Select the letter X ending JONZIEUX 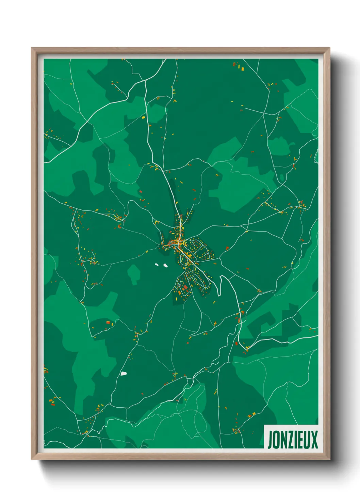coord(314,440)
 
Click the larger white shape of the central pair coord(165,265)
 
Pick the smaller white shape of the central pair coord(157,264)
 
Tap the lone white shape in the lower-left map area coord(124,374)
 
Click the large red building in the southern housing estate coord(185,288)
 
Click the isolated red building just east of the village coord(227,248)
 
